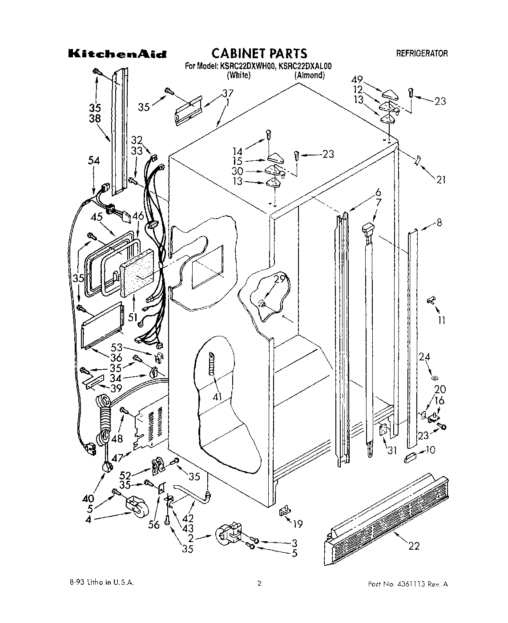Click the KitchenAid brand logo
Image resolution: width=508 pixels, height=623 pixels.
click(x=117, y=55)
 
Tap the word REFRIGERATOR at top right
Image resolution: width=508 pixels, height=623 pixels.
click(x=422, y=54)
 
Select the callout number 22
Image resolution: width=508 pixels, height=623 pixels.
click(x=414, y=546)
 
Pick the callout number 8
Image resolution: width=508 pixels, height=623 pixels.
click(x=439, y=223)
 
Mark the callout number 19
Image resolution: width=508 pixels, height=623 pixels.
click(x=298, y=524)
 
